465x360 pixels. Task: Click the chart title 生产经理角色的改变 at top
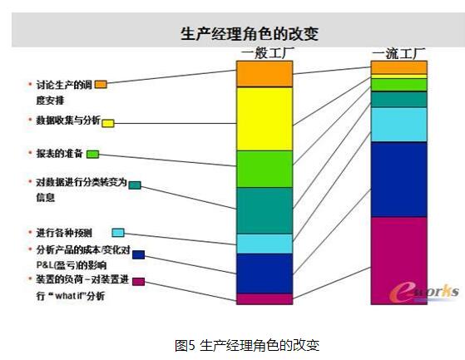(x=250, y=33)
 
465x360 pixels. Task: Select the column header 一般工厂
(x=268, y=53)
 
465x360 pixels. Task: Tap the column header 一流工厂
(x=398, y=53)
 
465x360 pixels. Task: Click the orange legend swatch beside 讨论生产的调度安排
(x=101, y=85)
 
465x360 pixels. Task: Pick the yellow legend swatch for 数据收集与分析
(x=108, y=123)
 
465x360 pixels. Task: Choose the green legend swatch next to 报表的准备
(x=93, y=154)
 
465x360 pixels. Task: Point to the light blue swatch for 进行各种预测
(x=118, y=233)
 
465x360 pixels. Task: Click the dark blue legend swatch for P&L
(x=138, y=254)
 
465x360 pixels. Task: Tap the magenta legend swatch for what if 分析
(x=138, y=282)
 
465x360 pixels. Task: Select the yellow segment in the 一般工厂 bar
(x=265, y=119)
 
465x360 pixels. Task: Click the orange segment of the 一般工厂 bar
(x=265, y=74)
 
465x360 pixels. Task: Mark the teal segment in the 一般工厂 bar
(x=265, y=210)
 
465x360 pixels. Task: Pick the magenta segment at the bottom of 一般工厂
(x=265, y=299)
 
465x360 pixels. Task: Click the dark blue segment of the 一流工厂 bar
(x=399, y=180)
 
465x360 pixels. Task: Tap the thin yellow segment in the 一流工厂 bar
(x=399, y=76)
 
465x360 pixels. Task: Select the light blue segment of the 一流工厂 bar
(x=399, y=125)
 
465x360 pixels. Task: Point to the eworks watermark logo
(x=424, y=292)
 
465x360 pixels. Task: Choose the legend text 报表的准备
(x=59, y=154)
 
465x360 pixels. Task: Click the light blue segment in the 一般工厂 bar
(x=265, y=244)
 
